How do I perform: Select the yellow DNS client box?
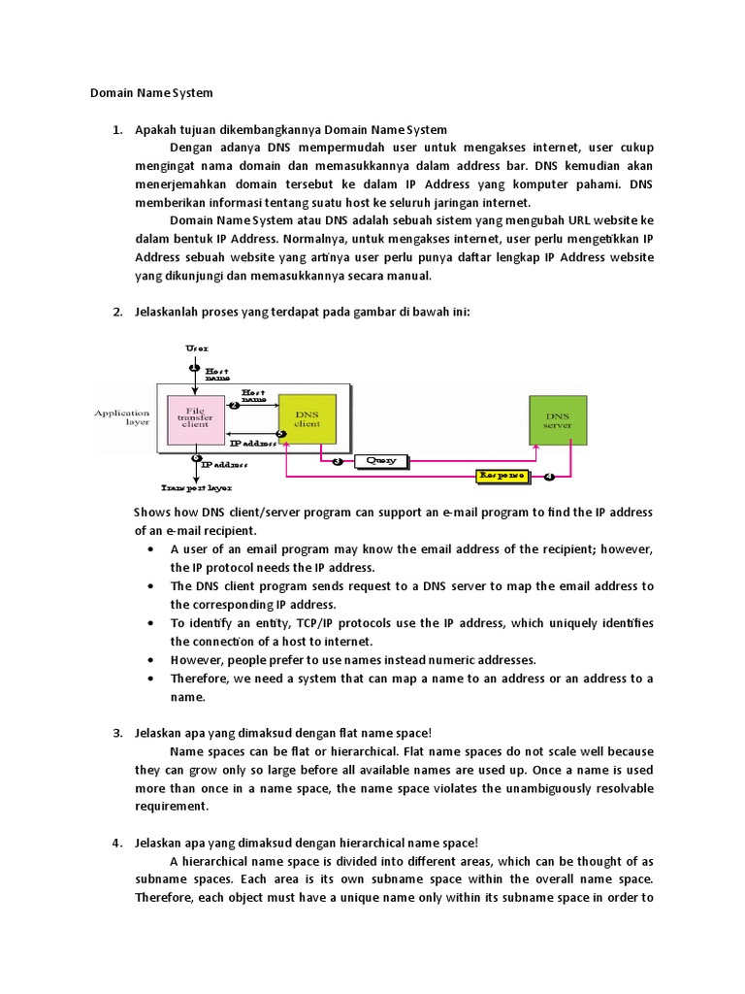pos(307,419)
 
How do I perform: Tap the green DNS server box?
pos(557,419)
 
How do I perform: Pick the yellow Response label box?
pos(502,476)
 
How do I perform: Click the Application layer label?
pos(122,417)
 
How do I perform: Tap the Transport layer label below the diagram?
pos(197,487)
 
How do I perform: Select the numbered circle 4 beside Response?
pos(549,477)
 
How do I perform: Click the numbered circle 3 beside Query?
pos(338,462)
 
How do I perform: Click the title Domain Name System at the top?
pos(150,93)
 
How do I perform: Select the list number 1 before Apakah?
pos(117,129)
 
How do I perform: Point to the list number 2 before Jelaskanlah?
pos(117,312)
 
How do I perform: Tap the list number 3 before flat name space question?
pos(117,733)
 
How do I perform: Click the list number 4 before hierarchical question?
pos(117,843)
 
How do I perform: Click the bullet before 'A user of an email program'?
pos(152,549)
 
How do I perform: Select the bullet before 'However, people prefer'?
pos(152,660)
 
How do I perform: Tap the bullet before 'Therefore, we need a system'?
pos(152,679)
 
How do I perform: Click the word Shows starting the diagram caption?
pos(151,513)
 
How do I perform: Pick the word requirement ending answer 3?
pos(172,806)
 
